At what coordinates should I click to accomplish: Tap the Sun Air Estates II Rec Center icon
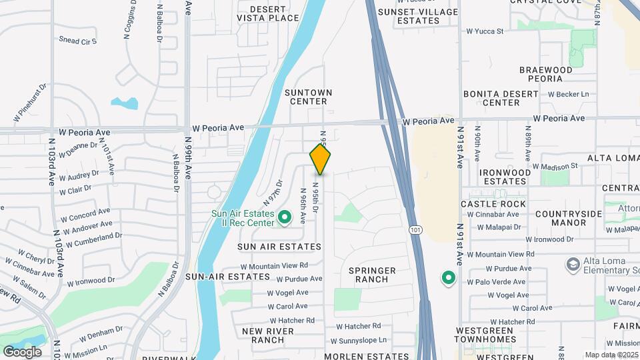285,217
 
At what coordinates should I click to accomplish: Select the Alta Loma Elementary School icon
572,265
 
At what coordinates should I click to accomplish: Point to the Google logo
22,351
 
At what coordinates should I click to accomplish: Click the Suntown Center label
308,97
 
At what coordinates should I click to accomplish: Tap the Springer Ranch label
373,275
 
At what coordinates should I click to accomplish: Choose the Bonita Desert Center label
510,98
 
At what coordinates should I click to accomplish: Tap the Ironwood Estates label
505,177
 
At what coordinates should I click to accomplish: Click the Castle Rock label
493,204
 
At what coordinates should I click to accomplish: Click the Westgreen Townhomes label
485,335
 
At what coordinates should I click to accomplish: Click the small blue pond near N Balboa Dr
125,103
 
